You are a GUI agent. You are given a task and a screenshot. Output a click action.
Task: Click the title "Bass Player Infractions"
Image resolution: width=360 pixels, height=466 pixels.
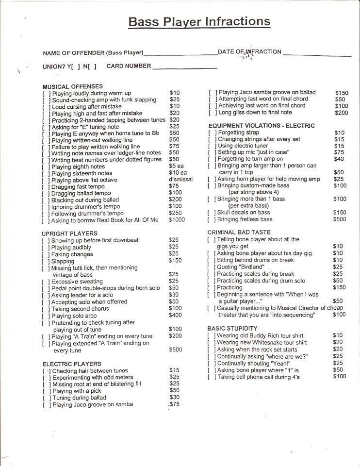coord(199,22)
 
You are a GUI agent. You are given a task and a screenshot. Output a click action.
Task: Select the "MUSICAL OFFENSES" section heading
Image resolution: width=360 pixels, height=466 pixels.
coord(73,86)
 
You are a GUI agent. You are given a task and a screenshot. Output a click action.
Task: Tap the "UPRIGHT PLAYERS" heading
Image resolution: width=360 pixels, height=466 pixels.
coord(70,233)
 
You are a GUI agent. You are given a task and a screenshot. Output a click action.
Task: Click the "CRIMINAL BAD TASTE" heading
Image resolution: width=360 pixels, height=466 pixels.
coord(239,233)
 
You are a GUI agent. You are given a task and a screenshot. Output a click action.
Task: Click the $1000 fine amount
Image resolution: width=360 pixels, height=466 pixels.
coord(178,220)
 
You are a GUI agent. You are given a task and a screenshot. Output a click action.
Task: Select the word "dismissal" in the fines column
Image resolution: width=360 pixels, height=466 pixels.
coord(180,180)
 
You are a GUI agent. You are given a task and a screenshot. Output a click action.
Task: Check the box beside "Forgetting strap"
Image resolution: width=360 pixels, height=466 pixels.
coord(212,133)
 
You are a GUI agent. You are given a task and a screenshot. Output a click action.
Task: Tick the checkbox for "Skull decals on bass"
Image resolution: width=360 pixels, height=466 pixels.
coord(212,213)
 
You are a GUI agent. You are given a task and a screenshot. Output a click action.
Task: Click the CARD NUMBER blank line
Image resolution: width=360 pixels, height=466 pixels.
coord(184,67)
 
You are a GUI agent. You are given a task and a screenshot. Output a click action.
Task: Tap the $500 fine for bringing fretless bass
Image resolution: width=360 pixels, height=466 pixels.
coord(340,219)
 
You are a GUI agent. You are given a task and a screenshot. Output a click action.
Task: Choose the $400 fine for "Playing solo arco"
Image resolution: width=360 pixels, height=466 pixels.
coord(175,316)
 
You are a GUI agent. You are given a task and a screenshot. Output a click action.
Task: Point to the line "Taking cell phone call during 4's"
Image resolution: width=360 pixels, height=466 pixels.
coord(258,377)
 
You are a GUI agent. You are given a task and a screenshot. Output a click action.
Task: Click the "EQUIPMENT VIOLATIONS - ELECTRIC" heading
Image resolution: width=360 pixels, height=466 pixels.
coord(262,126)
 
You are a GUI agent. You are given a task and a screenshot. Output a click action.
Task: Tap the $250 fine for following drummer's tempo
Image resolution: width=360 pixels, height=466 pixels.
coord(176,213)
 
